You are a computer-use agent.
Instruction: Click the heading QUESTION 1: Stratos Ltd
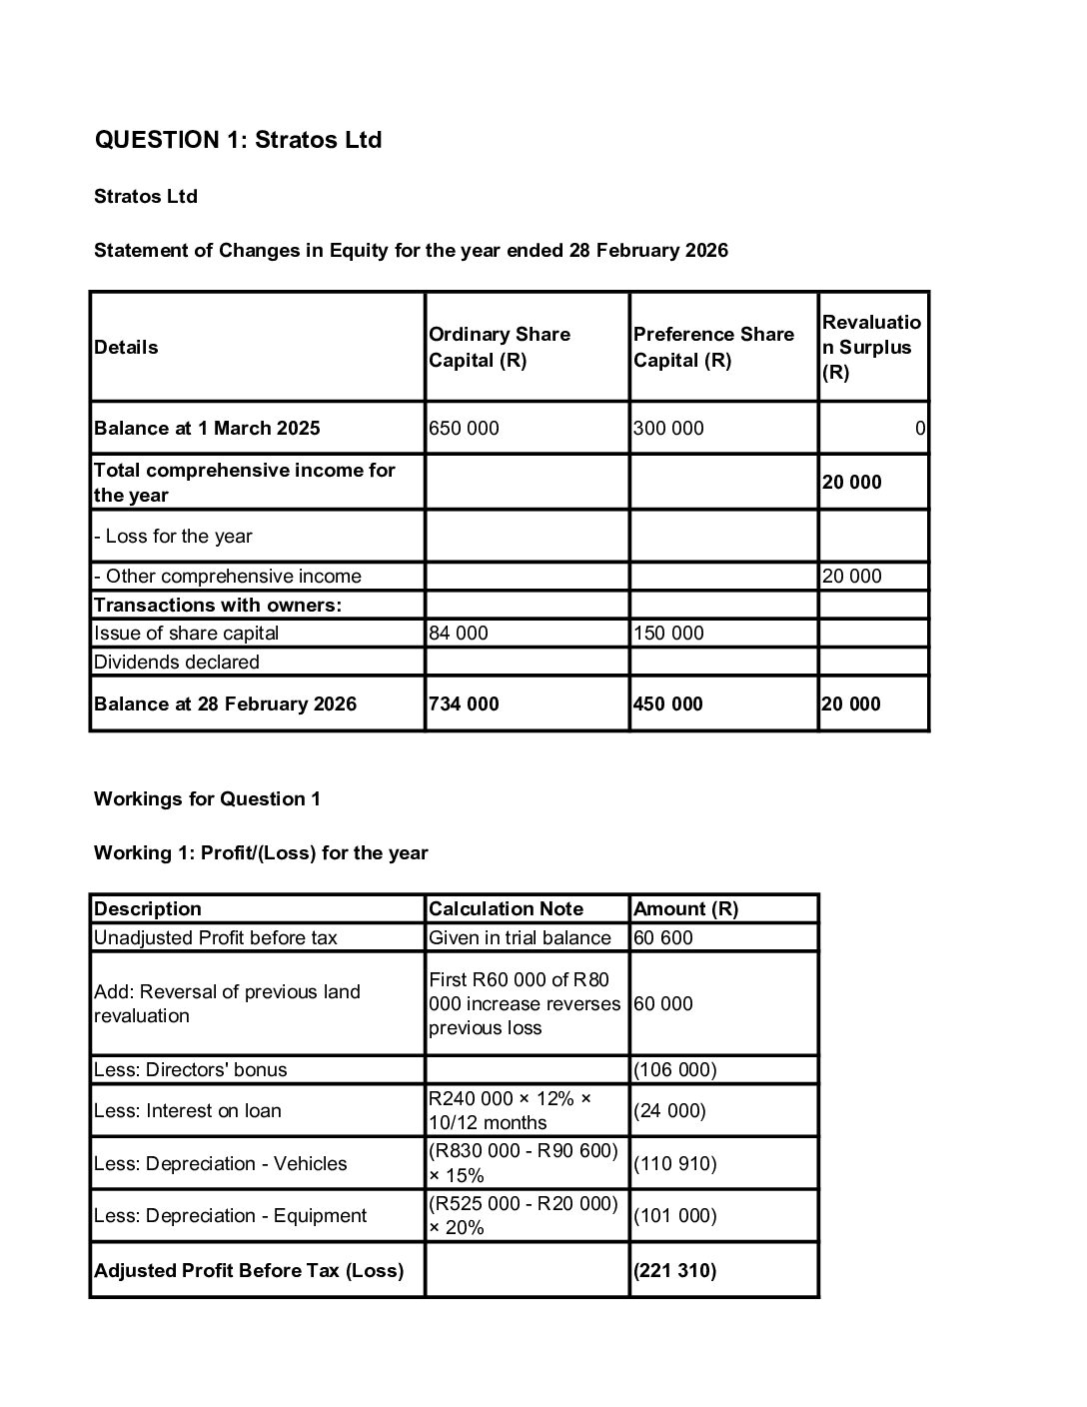point(238,140)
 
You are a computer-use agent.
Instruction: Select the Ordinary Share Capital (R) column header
point(500,347)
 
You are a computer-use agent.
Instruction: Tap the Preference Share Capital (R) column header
point(713,347)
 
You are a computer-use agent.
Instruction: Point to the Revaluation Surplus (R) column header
point(871,347)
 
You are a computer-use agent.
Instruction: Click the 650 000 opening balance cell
point(465,429)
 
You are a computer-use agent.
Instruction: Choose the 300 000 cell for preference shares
point(668,429)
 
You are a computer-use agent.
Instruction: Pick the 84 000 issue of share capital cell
point(459,634)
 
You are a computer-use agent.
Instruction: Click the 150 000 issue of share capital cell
point(668,634)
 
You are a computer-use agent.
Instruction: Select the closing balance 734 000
point(465,704)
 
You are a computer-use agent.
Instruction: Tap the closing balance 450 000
point(668,704)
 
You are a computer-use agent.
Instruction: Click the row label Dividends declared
point(177,663)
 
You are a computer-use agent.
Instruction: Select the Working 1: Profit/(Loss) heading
point(261,853)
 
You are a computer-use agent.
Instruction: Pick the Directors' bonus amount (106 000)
point(675,1070)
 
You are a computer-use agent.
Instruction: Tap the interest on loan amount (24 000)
point(670,1111)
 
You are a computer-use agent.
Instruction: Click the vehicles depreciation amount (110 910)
point(675,1164)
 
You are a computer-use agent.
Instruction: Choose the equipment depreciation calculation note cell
point(524,1216)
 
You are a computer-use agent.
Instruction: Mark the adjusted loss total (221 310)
point(675,1271)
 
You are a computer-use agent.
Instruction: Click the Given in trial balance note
point(520,938)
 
